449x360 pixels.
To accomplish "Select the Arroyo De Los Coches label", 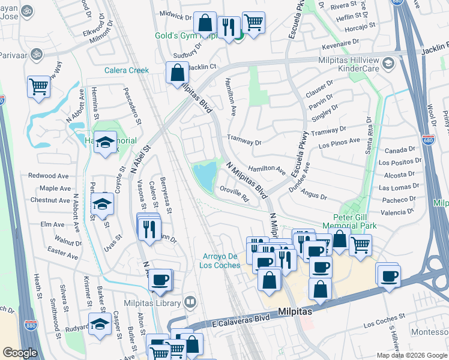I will (220, 261).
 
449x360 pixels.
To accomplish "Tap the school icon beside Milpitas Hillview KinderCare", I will (388, 62).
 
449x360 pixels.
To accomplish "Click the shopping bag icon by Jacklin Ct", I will (178, 73).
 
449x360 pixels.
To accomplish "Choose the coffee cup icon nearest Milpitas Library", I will (160, 280).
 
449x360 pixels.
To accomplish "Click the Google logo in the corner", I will (20, 353).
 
